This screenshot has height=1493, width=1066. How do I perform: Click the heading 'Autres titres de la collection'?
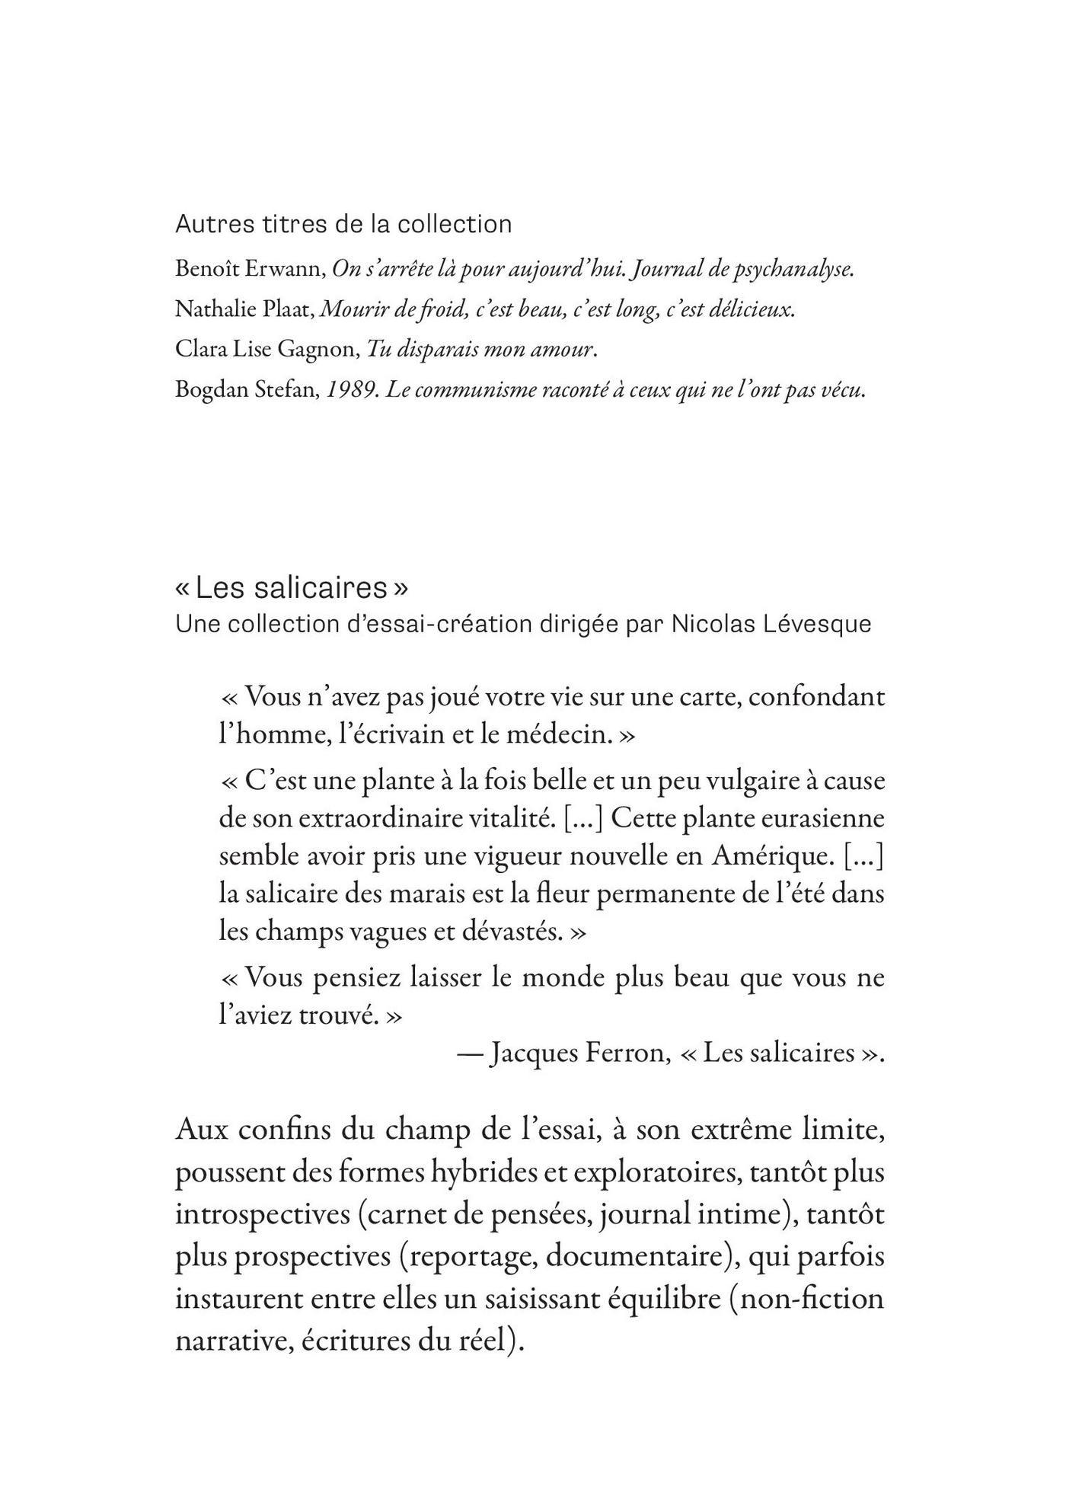point(343,224)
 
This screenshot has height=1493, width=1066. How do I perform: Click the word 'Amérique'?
point(772,856)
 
